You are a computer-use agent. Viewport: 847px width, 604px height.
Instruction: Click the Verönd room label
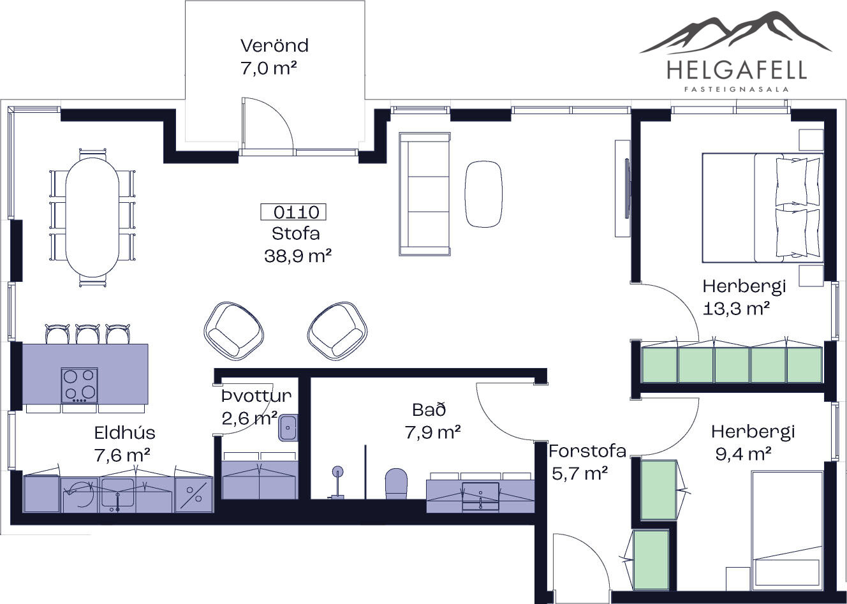(x=274, y=46)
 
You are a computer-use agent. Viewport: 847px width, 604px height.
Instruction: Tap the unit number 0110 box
(x=293, y=212)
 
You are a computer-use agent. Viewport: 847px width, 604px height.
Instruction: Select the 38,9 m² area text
(x=298, y=256)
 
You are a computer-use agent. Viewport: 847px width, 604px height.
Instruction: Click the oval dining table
(x=92, y=217)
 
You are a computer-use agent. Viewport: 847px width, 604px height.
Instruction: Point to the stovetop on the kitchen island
(x=79, y=385)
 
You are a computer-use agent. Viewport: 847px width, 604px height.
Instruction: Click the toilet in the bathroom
(x=396, y=483)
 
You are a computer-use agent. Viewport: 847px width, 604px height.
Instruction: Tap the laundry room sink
(x=288, y=427)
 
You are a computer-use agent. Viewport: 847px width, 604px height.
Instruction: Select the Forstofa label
(x=587, y=451)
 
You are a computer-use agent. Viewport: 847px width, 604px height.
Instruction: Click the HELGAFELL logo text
(x=736, y=70)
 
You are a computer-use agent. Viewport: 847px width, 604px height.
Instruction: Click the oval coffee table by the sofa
(x=483, y=194)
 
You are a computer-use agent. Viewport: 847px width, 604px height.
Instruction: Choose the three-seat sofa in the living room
(x=425, y=194)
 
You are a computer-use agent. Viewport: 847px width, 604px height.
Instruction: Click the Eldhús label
(x=125, y=432)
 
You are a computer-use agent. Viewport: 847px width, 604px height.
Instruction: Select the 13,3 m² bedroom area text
(x=737, y=309)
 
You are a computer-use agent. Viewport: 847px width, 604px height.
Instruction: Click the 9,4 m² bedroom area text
(x=744, y=454)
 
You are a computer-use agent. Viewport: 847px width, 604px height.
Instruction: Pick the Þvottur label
(x=256, y=395)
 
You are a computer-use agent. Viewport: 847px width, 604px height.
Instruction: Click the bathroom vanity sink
(x=481, y=496)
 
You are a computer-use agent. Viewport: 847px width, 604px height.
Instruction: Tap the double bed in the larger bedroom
(x=763, y=208)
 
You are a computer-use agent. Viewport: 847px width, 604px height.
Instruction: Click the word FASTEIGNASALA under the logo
(x=736, y=90)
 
